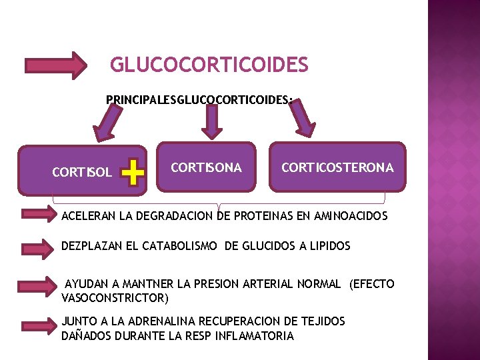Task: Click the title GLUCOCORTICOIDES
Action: click(209, 65)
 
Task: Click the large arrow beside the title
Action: click(56, 65)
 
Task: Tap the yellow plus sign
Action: click(135, 173)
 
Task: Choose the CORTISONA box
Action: click(206, 167)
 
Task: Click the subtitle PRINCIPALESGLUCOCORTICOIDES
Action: click(199, 100)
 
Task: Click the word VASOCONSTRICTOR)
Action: click(115, 297)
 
